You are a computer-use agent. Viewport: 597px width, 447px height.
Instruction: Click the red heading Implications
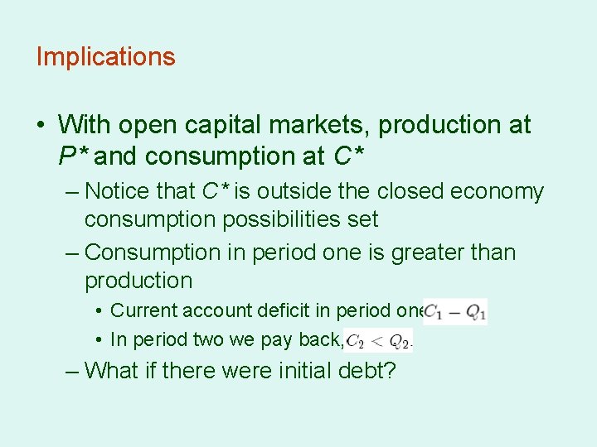105,57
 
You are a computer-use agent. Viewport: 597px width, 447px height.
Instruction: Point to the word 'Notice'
116,191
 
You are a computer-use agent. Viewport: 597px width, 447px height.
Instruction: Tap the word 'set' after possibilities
364,219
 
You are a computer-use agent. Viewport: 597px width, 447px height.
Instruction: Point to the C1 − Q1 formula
455,311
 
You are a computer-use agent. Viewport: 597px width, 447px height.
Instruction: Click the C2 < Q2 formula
379,340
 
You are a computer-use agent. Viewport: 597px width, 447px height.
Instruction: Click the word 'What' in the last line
113,369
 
